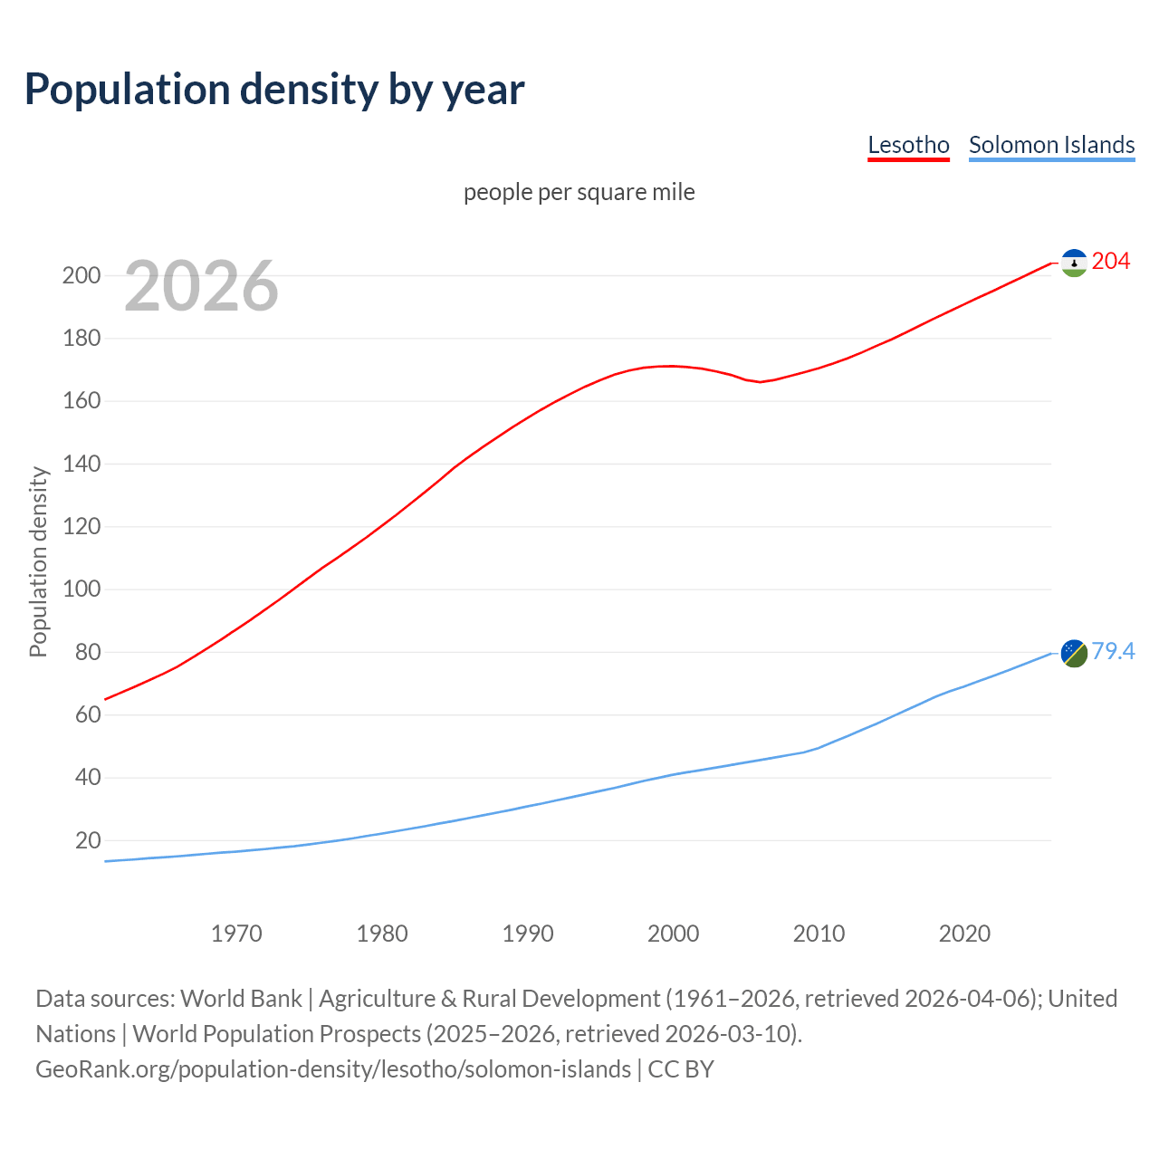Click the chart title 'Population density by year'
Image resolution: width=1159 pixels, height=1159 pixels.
tap(274, 89)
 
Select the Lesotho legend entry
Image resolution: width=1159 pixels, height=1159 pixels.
tap(908, 145)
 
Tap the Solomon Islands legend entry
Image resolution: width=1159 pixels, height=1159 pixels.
tap(1051, 145)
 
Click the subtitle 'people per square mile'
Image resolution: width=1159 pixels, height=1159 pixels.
tap(579, 192)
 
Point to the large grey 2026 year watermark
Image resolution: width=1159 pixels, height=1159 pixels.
tap(201, 286)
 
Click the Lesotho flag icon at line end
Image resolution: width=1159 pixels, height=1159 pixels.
tap(1074, 263)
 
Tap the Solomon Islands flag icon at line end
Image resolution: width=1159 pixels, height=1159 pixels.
tap(1074, 652)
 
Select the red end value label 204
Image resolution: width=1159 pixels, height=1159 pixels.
tap(1111, 262)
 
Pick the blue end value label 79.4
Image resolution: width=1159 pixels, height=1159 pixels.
tap(1113, 651)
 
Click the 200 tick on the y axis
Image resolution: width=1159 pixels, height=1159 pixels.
tap(81, 275)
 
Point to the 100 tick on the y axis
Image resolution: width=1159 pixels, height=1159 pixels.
tap(81, 589)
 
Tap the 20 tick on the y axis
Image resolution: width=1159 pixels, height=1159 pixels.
tap(88, 840)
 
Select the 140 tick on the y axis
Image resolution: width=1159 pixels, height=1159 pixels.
tap(81, 464)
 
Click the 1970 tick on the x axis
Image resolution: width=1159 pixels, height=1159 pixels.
tap(236, 934)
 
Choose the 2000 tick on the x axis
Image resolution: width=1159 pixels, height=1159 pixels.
tap(673, 934)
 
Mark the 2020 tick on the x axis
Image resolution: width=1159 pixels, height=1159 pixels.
tap(964, 934)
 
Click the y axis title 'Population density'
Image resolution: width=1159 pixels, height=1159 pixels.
tap(38, 561)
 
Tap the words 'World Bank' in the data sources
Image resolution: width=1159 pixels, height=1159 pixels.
tap(241, 999)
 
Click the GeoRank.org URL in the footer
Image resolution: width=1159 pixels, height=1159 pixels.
tap(333, 1069)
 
